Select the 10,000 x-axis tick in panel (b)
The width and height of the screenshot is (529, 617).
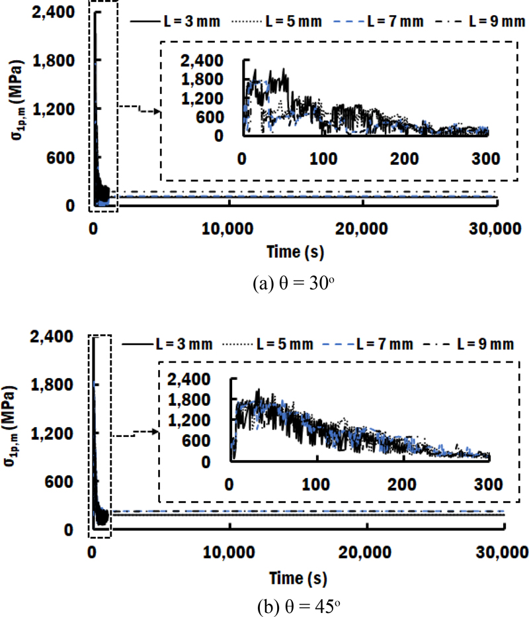(x=229, y=551)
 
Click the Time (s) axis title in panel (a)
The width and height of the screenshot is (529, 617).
(x=296, y=252)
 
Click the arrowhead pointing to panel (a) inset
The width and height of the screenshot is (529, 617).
(x=157, y=111)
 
